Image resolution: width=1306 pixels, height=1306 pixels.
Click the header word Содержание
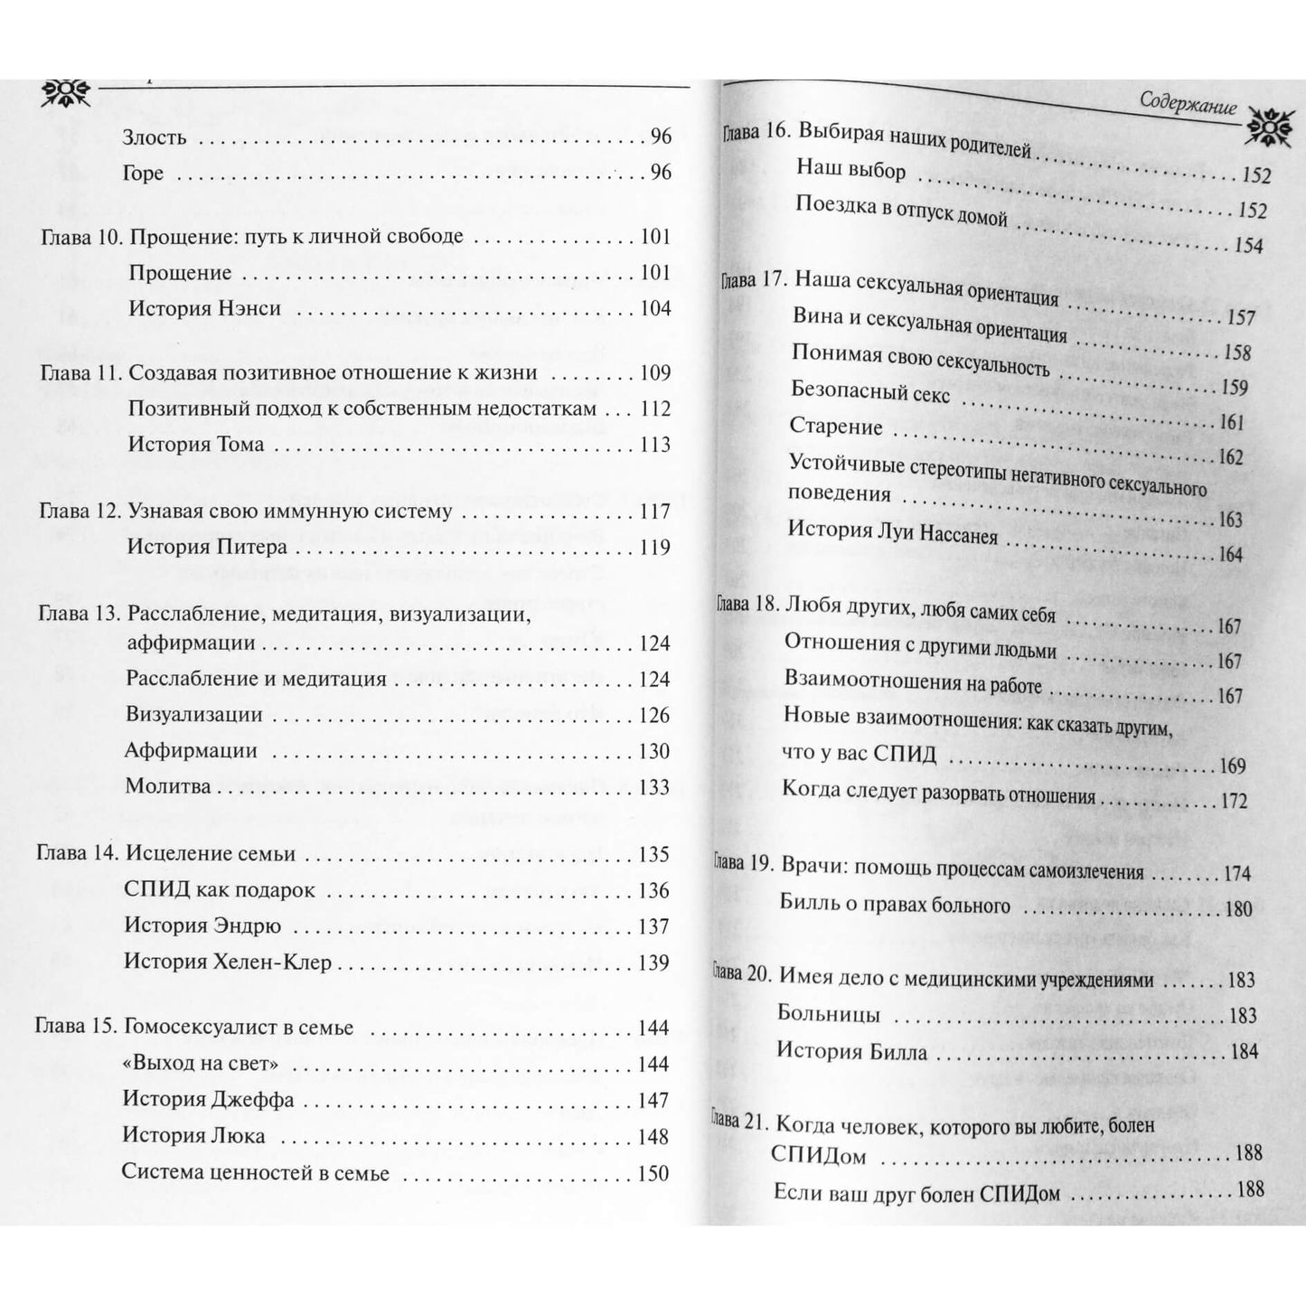[x=1188, y=106]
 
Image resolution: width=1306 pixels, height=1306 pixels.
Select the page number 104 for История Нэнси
[x=655, y=308]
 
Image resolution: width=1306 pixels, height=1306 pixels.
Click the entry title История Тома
[x=196, y=444]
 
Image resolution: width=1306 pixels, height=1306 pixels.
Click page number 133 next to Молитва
[x=654, y=787]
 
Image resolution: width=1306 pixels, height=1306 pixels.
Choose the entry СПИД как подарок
[x=220, y=890]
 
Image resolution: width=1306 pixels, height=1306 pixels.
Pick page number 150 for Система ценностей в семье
[x=653, y=1174]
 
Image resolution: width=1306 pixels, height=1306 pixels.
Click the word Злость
[x=155, y=137]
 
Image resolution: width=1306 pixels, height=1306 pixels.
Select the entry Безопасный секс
[x=870, y=392]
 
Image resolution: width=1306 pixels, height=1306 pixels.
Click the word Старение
[x=836, y=426]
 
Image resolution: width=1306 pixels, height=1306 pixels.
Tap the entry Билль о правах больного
[x=895, y=904]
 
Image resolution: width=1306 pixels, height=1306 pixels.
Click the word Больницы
[x=829, y=1014]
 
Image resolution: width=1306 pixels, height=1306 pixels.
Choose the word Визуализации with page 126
[x=194, y=715]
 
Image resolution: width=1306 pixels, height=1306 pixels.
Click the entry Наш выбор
[x=850, y=169]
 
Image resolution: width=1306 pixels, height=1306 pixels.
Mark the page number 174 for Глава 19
[x=1236, y=873]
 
